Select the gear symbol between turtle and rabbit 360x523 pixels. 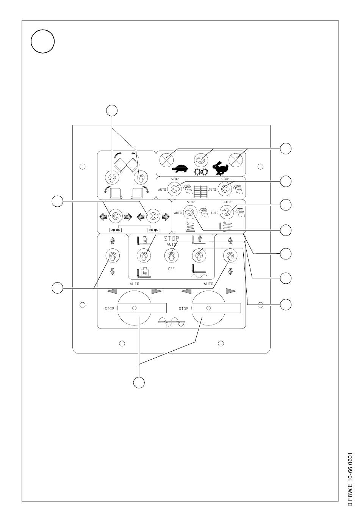201,171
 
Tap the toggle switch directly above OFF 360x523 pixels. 171,256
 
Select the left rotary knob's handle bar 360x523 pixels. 142,308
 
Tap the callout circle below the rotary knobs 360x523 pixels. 139,383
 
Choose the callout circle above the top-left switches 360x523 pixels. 111,110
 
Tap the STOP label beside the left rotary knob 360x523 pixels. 109,309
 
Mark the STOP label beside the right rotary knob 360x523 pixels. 183,309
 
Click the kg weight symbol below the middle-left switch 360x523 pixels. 143,272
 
